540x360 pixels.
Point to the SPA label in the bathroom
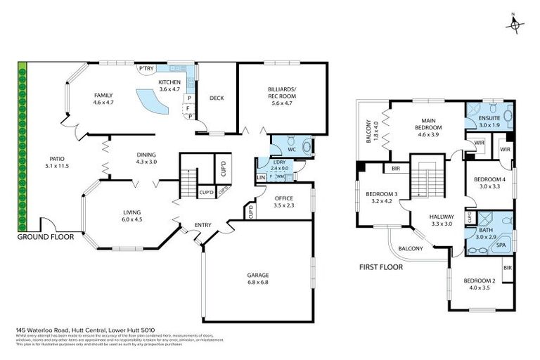click(x=501, y=245)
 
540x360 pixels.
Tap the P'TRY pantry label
click(x=146, y=68)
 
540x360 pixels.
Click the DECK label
click(x=217, y=98)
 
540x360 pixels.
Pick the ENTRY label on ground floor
click(x=203, y=224)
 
